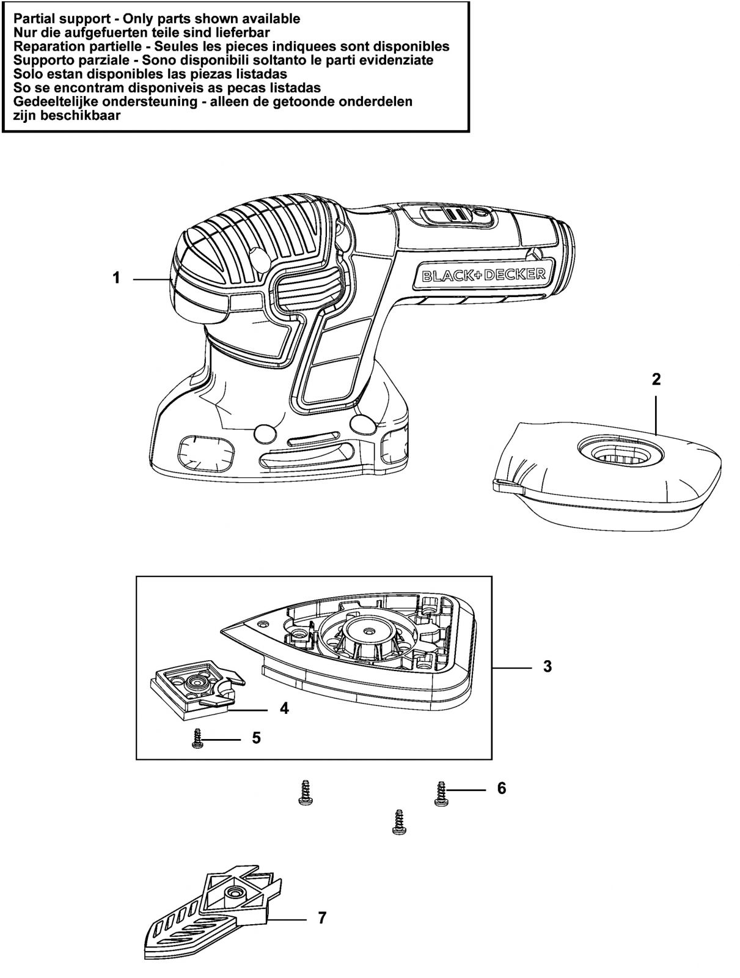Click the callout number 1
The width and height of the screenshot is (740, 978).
coord(116,278)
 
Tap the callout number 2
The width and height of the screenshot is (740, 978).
coord(656,379)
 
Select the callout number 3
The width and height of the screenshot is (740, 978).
coord(547,666)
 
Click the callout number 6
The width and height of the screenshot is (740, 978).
coord(501,788)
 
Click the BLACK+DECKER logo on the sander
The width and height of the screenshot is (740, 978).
coord(484,275)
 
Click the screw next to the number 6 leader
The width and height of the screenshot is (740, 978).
coord(440,793)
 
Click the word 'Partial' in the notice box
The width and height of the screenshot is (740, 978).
coord(35,19)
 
